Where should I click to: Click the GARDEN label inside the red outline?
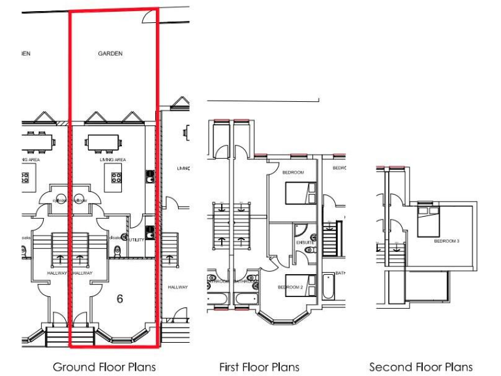110,54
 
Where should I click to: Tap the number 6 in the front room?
120,299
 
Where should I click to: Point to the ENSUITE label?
305,243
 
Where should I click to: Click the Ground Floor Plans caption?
104,367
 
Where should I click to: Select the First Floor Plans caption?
260,367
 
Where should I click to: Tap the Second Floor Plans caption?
421,367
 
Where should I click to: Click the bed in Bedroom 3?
428,220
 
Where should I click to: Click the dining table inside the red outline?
102,142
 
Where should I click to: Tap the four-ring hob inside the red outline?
117,176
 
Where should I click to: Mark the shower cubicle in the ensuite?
300,230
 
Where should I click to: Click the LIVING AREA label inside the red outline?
112,160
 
